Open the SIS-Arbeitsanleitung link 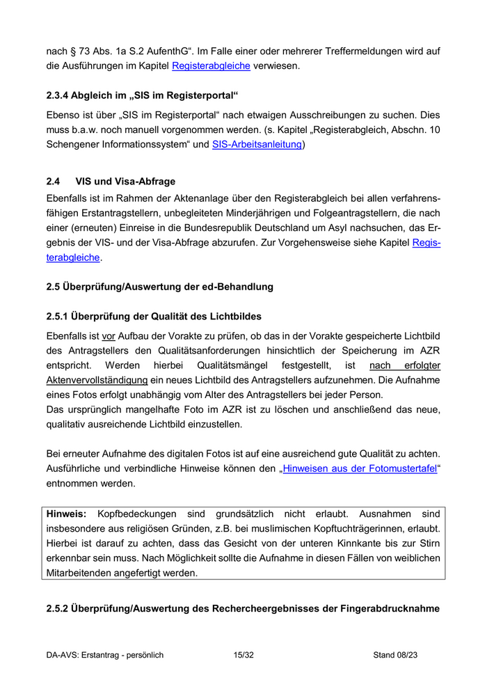click(x=257, y=145)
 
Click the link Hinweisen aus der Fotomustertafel click(x=360, y=469)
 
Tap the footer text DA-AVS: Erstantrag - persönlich click(x=105, y=655)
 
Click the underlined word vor click(x=108, y=335)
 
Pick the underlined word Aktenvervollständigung click(x=97, y=380)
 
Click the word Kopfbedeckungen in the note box click(x=137, y=514)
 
